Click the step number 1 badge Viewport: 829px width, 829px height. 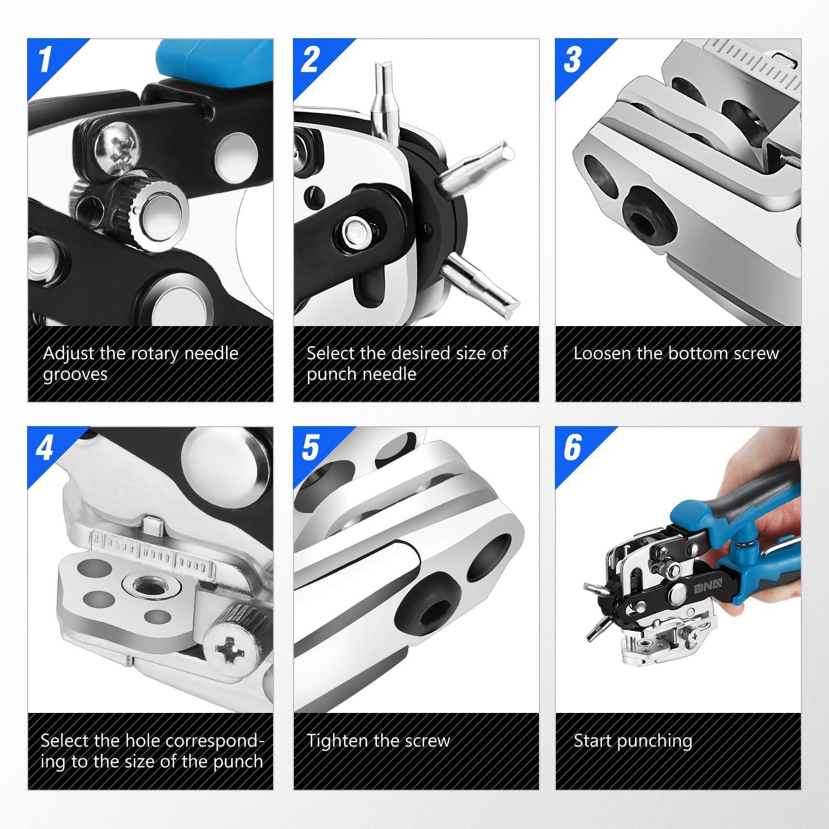click(45, 59)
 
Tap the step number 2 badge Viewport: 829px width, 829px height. click(310, 59)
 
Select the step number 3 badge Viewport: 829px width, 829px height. click(573, 59)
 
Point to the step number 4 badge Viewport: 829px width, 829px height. click(45, 447)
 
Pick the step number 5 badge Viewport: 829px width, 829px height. click(310, 447)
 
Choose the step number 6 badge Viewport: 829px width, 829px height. click(573, 447)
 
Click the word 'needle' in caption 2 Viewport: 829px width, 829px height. click(390, 374)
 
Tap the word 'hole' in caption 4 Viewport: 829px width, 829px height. click(143, 741)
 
